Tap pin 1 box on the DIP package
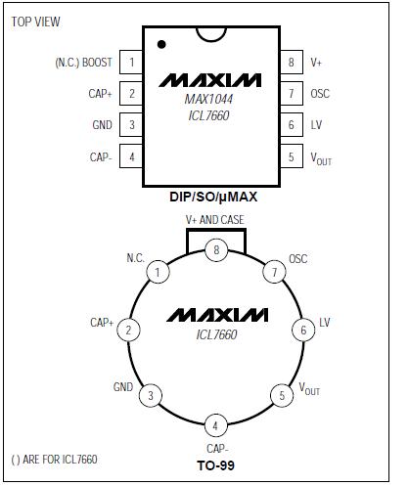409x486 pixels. point(131,63)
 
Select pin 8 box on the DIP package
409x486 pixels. point(291,63)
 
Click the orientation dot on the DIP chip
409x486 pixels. point(161,44)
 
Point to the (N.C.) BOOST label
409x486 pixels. point(83,63)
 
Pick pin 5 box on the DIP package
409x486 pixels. point(291,156)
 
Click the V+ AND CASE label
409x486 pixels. point(215,220)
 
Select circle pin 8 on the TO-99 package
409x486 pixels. point(216,251)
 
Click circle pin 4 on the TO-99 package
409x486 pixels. point(215,424)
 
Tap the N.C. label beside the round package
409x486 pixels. point(135,258)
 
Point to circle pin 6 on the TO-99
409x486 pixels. point(303,331)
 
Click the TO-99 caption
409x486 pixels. point(214,465)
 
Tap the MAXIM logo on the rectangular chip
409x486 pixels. point(211,78)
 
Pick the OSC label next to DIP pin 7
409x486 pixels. point(320,94)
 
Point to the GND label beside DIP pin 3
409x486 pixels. point(102,125)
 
